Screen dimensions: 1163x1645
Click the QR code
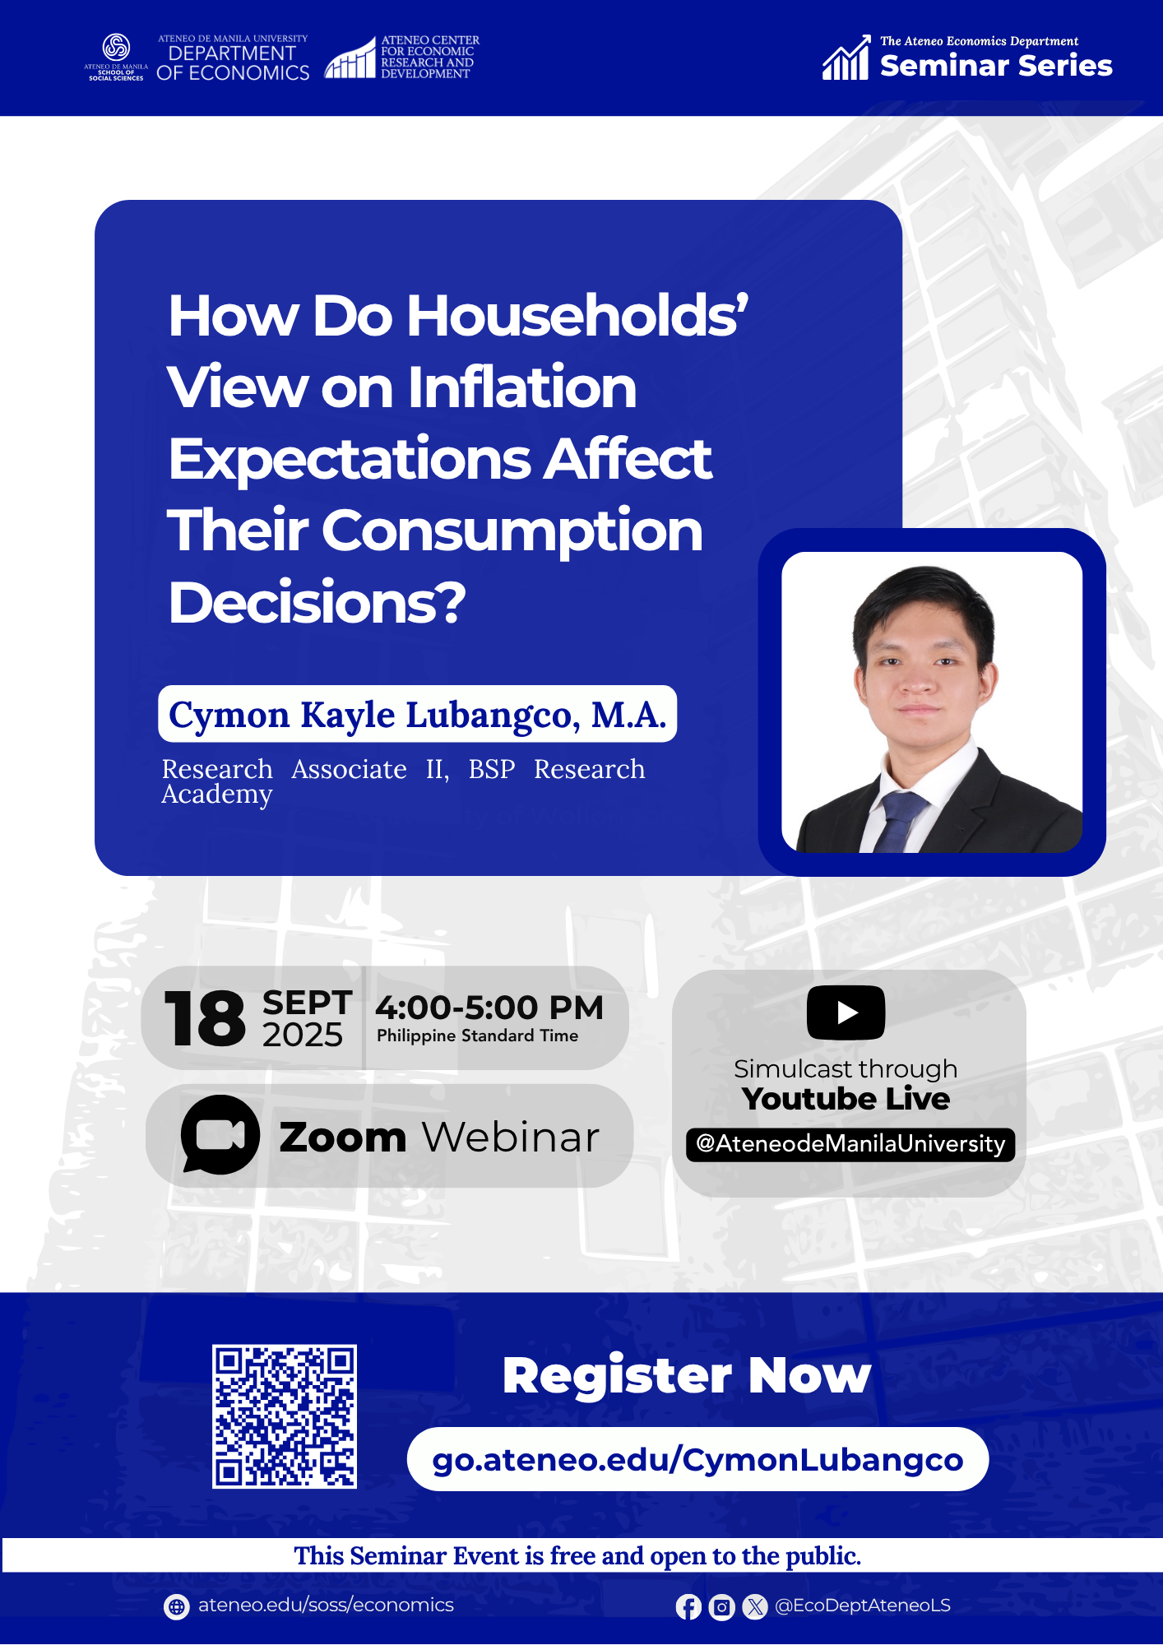[285, 1416]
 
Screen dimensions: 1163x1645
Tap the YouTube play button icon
[846, 1012]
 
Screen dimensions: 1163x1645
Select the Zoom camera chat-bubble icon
[220, 1135]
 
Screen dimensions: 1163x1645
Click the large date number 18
[205, 1018]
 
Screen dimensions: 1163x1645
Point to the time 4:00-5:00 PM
[489, 1007]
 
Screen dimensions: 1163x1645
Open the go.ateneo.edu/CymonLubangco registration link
[697, 1459]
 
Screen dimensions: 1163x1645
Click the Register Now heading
[687, 1374]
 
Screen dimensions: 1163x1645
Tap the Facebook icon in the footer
[688, 1606]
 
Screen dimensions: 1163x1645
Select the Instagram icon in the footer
[721, 1606]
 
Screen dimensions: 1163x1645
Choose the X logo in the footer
[754, 1606]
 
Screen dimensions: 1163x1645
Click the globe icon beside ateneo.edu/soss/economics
[176, 1606]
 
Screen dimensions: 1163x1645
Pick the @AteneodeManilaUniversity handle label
[850, 1144]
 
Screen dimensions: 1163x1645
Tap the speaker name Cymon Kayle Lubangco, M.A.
[417, 714]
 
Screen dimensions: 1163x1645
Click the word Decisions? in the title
[317, 602]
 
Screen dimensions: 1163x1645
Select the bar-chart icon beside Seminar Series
[846, 58]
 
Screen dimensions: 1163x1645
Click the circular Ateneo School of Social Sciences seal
[116, 47]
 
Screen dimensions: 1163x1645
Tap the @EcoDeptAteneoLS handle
[863, 1606]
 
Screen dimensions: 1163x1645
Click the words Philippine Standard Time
[477, 1036]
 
